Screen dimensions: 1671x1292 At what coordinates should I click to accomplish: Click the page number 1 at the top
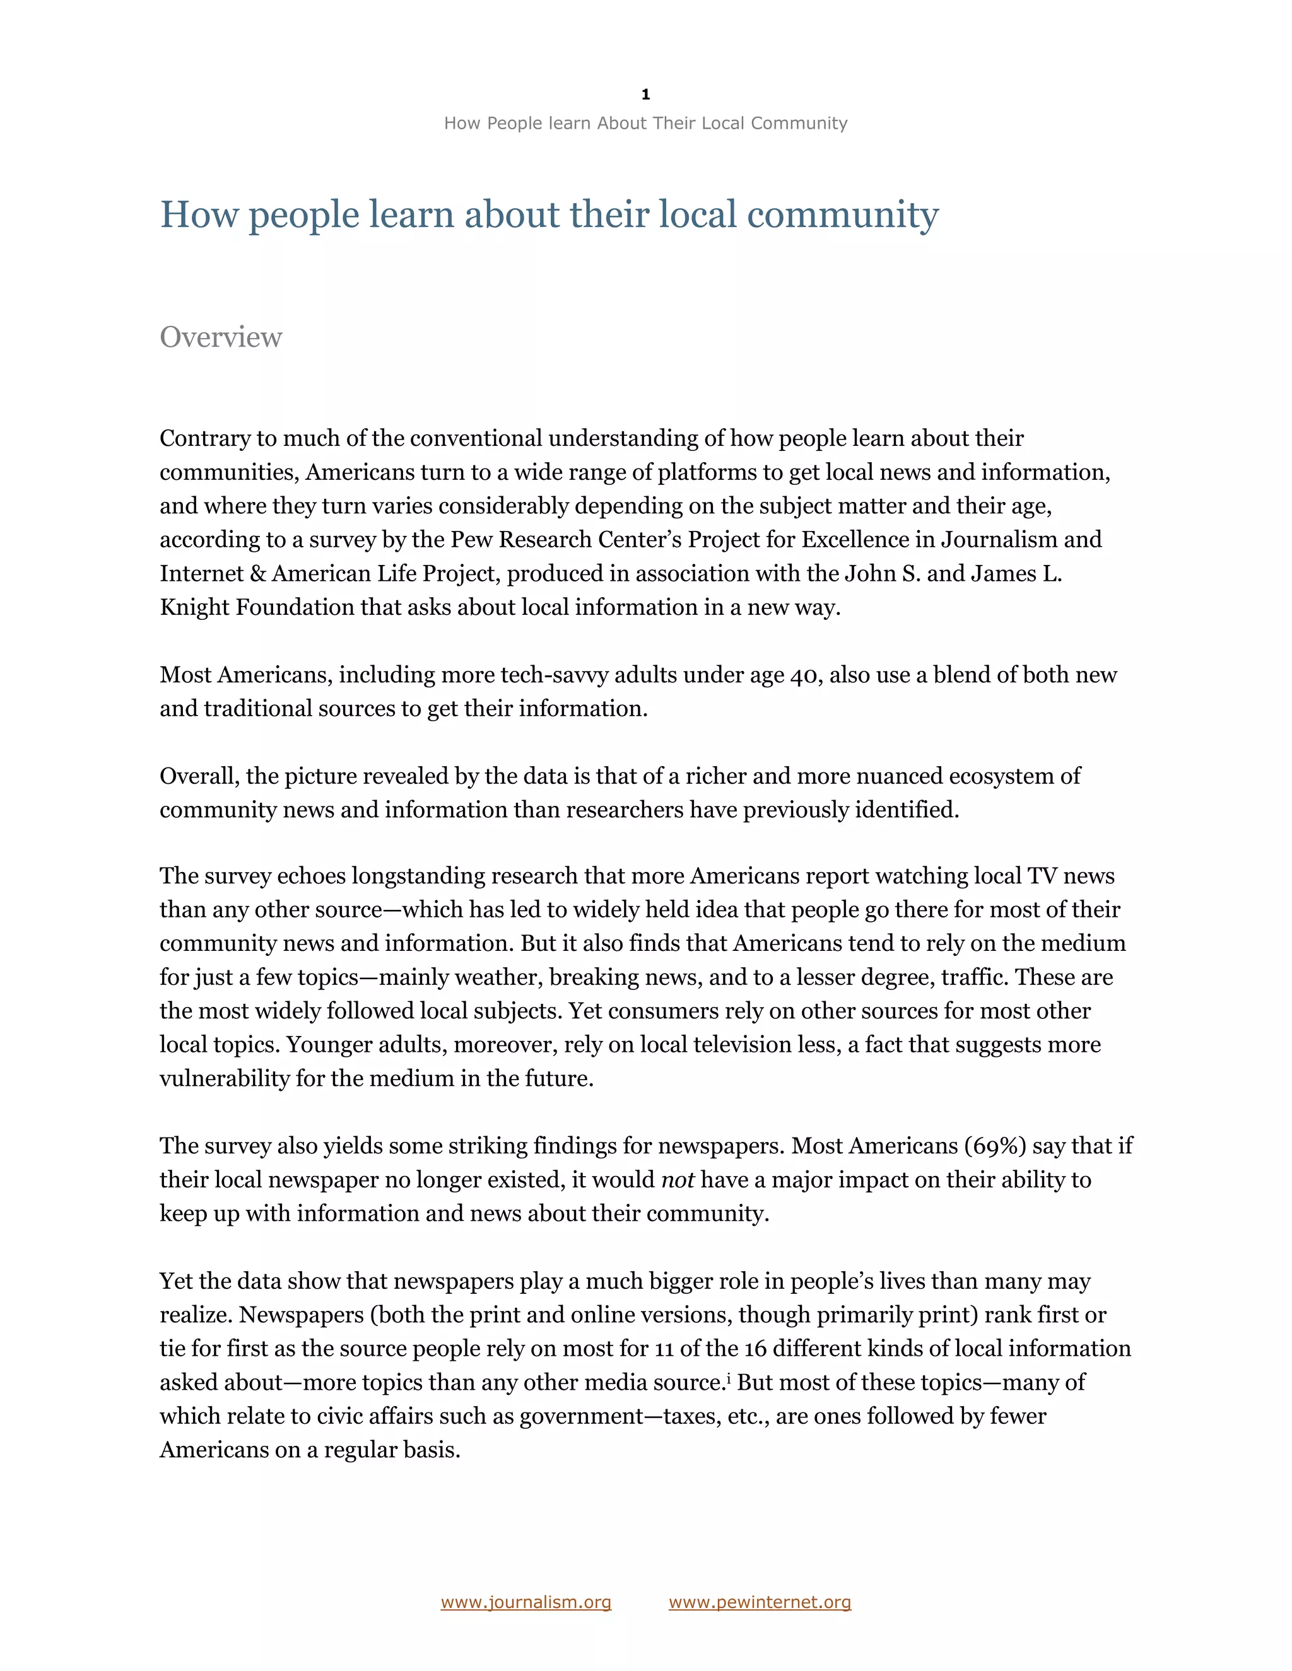point(645,95)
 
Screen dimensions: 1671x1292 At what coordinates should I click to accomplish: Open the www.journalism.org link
point(526,1602)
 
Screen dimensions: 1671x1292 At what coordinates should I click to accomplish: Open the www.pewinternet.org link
point(760,1602)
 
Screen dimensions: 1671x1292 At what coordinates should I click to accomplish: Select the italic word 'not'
point(678,1180)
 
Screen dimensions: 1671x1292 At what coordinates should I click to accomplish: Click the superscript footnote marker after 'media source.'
point(729,1378)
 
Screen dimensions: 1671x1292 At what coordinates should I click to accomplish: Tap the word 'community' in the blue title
point(842,215)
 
